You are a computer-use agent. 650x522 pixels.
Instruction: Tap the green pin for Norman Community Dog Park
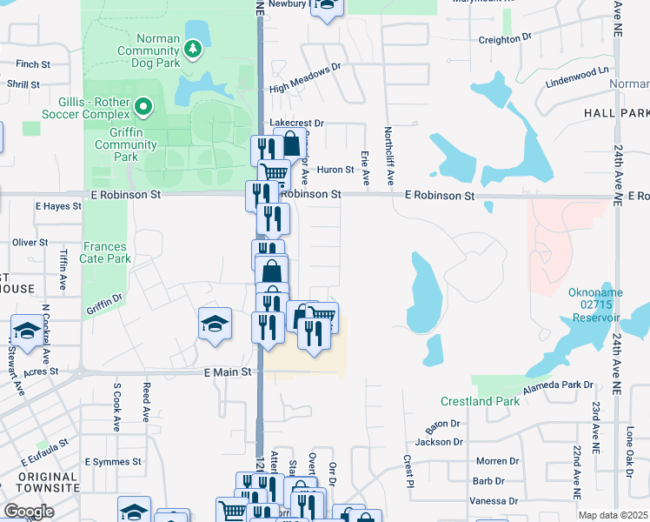coord(193,50)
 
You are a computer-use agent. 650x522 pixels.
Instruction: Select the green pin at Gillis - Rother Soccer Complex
coord(144,108)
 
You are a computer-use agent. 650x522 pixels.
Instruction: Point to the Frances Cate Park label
coord(107,252)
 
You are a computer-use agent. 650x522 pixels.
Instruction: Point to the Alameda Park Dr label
coord(558,384)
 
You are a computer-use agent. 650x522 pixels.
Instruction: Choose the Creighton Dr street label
coord(504,39)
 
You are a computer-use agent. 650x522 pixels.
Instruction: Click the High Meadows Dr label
coord(306,77)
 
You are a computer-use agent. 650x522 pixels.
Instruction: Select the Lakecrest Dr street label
coord(296,124)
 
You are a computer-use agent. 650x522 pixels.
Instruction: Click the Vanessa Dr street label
coord(493,500)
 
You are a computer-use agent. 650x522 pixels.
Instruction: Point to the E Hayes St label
coord(57,206)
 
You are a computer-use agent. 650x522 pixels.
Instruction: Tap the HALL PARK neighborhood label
coord(616,113)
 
